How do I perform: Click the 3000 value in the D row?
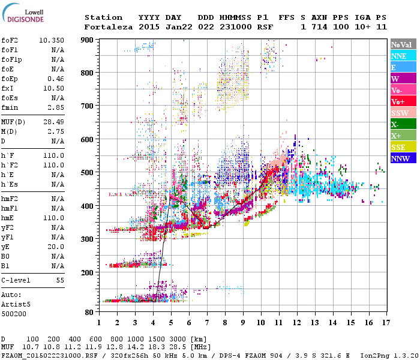[177, 340]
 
